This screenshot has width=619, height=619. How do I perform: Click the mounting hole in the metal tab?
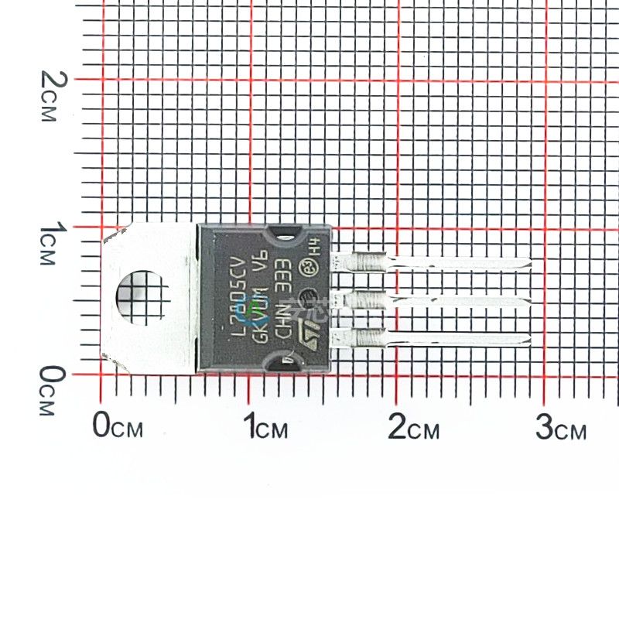tap(142, 296)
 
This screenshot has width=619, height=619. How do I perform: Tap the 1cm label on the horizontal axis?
tap(265, 426)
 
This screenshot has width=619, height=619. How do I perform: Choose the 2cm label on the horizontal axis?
tap(413, 426)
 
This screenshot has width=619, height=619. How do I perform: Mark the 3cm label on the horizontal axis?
tap(561, 426)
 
